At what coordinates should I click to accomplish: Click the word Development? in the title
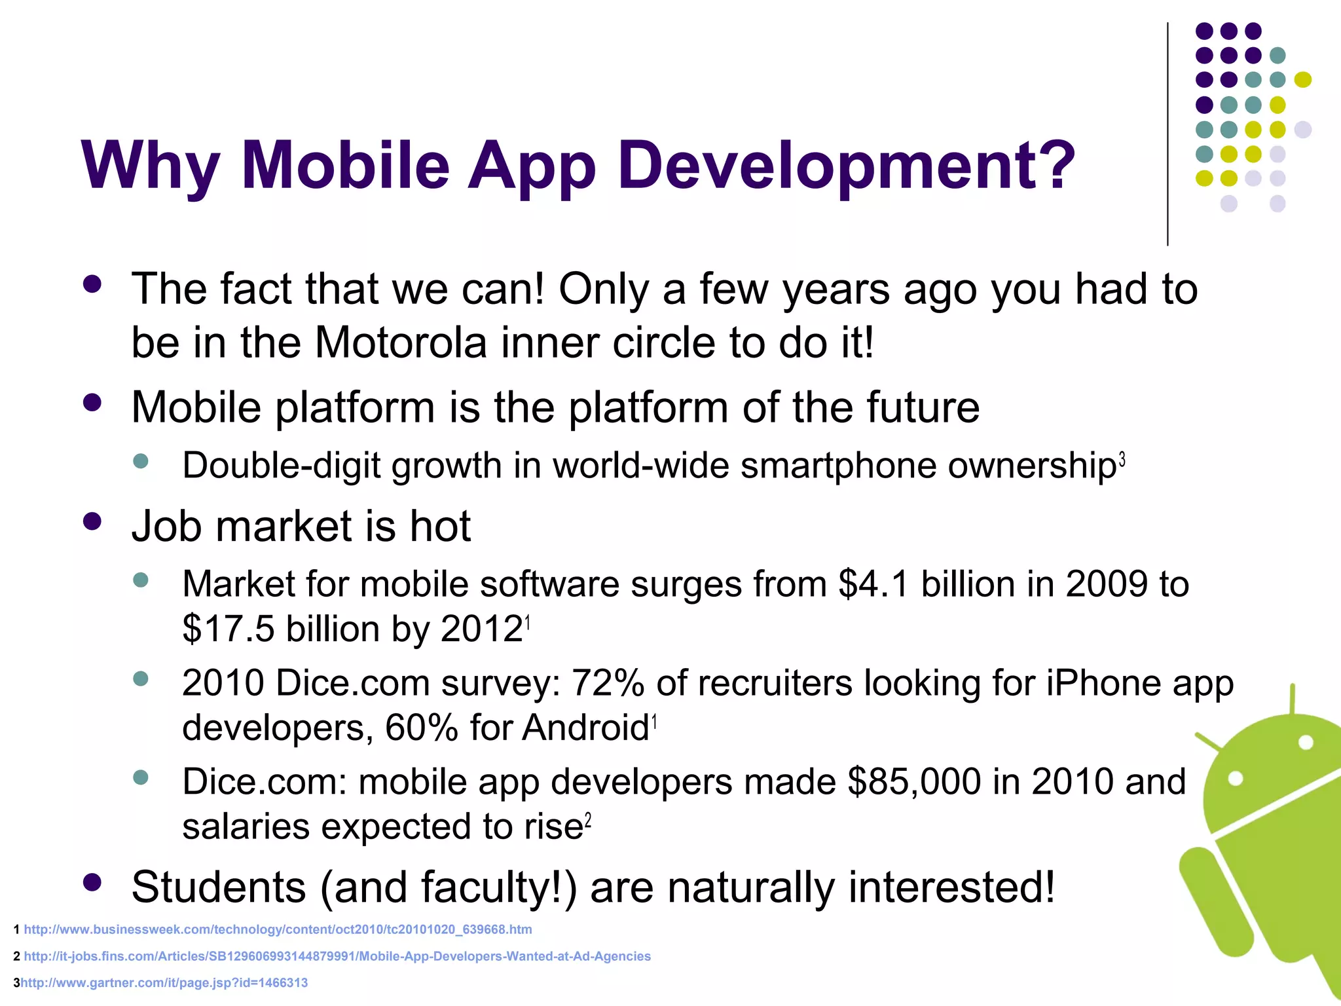click(x=846, y=165)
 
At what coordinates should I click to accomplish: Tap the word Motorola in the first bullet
click(x=401, y=343)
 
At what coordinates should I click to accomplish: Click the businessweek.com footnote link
click(x=278, y=929)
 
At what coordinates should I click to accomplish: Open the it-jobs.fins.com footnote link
click(x=337, y=956)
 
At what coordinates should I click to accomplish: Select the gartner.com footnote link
click(x=164, y=982)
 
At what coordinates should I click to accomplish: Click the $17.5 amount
click(x=229, y=629)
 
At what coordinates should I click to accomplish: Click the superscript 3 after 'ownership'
click(x=1122, y=460)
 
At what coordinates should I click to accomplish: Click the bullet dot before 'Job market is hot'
click(x=92, y=521)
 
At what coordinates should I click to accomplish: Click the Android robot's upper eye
click(x=1306, y=742)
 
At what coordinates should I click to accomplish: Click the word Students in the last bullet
click(x=219, y=887)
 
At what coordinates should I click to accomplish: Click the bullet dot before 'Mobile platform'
click(x=92, y=402)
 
